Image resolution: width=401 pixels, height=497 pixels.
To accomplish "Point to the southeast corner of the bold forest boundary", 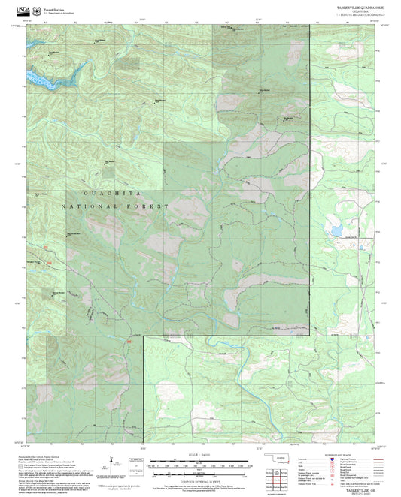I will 309,336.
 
